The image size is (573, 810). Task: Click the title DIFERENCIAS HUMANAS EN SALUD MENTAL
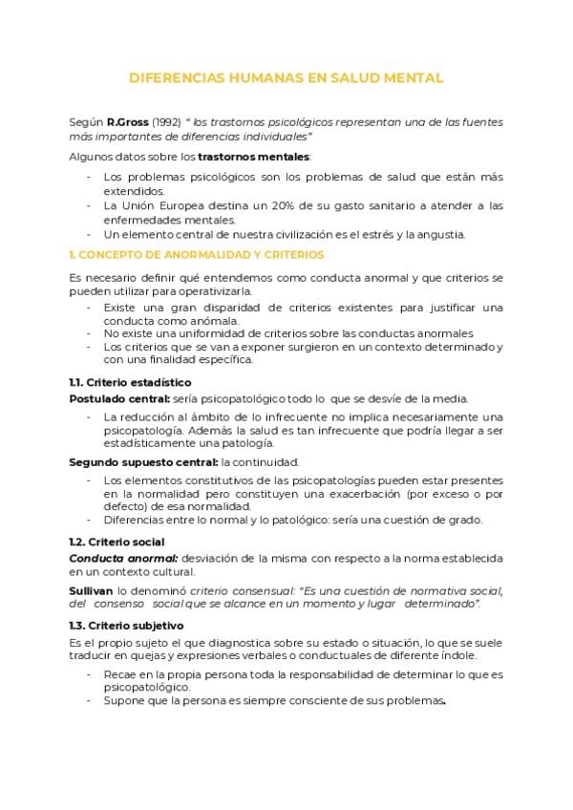[286, 78]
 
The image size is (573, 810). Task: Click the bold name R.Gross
[125, 123]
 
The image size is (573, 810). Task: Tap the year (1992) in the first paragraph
[165, 123]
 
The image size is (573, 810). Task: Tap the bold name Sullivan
[91, 591]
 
